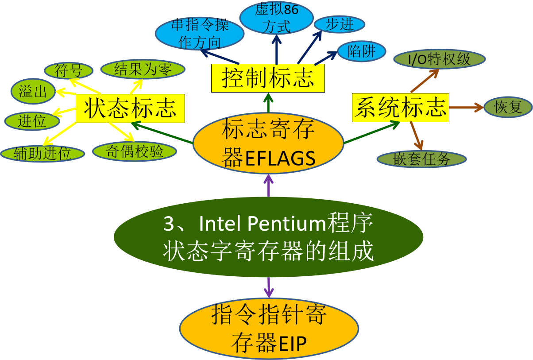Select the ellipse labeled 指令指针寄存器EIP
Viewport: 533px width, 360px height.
[x=269, y=329]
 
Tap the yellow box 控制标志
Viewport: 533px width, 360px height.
[x=268, y=78]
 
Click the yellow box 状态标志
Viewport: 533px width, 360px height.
[x=130, y=108]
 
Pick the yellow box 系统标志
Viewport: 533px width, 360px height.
[x=401, y=107]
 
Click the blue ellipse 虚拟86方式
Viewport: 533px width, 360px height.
[x=277, y=19]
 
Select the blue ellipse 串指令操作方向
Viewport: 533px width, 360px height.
[x=200, y=34]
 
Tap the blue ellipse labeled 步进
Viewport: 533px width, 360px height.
[x=340, y=24]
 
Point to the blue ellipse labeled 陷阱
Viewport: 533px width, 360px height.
[x=362, y=52]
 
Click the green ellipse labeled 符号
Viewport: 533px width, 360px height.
[x=69, y=70]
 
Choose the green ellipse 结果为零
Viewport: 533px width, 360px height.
[x=143, y=69]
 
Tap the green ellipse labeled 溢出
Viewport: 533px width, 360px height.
[x=33, y=92]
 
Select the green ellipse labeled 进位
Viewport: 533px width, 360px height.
[x=32, y=121]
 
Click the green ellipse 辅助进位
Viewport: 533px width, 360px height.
[x=42, y=154]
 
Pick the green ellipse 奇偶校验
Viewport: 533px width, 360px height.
[x=135, y=151]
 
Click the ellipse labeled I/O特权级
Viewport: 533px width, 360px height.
[x=439, y=59]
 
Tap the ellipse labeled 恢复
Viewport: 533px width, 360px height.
[x=508, y=107]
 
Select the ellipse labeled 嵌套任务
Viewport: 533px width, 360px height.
[x=421, y=159]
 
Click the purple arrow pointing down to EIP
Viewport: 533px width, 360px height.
[x=269, y=287]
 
